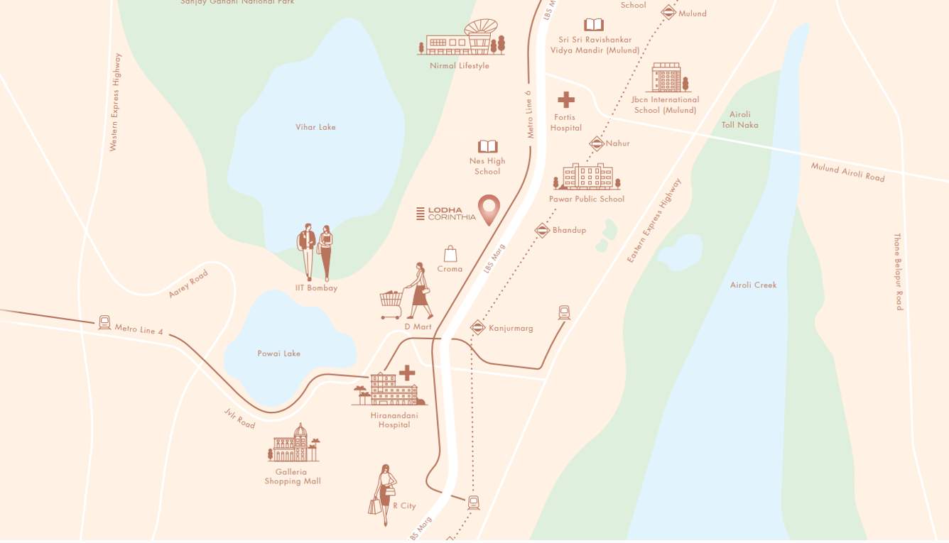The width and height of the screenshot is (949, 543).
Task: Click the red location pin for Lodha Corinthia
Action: [488, 209]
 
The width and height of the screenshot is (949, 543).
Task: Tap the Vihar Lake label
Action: [315, 127]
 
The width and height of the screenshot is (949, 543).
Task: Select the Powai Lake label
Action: [278, 353]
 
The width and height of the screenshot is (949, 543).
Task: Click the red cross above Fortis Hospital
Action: [566, 99]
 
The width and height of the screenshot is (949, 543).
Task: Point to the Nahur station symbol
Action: [596, 143]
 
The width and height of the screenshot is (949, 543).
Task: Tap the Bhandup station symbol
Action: [542, 230]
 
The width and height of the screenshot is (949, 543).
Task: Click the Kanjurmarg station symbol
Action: [478, 328]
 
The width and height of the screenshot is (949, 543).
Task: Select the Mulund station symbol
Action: [668, 12]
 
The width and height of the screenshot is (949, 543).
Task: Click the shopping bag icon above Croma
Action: [450, 253]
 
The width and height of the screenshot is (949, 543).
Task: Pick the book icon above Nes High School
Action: [487, 146]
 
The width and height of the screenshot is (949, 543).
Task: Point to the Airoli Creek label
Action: [753, 285]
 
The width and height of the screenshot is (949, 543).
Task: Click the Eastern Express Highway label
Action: [654, 221]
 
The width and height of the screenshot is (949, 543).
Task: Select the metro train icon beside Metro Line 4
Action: [104, 323]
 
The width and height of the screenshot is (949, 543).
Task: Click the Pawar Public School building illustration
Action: [587, 177]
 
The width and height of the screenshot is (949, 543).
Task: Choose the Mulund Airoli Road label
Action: [847, 172]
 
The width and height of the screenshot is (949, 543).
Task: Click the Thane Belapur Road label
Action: [898, 271]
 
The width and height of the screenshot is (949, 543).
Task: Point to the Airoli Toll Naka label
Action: [739, 119]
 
